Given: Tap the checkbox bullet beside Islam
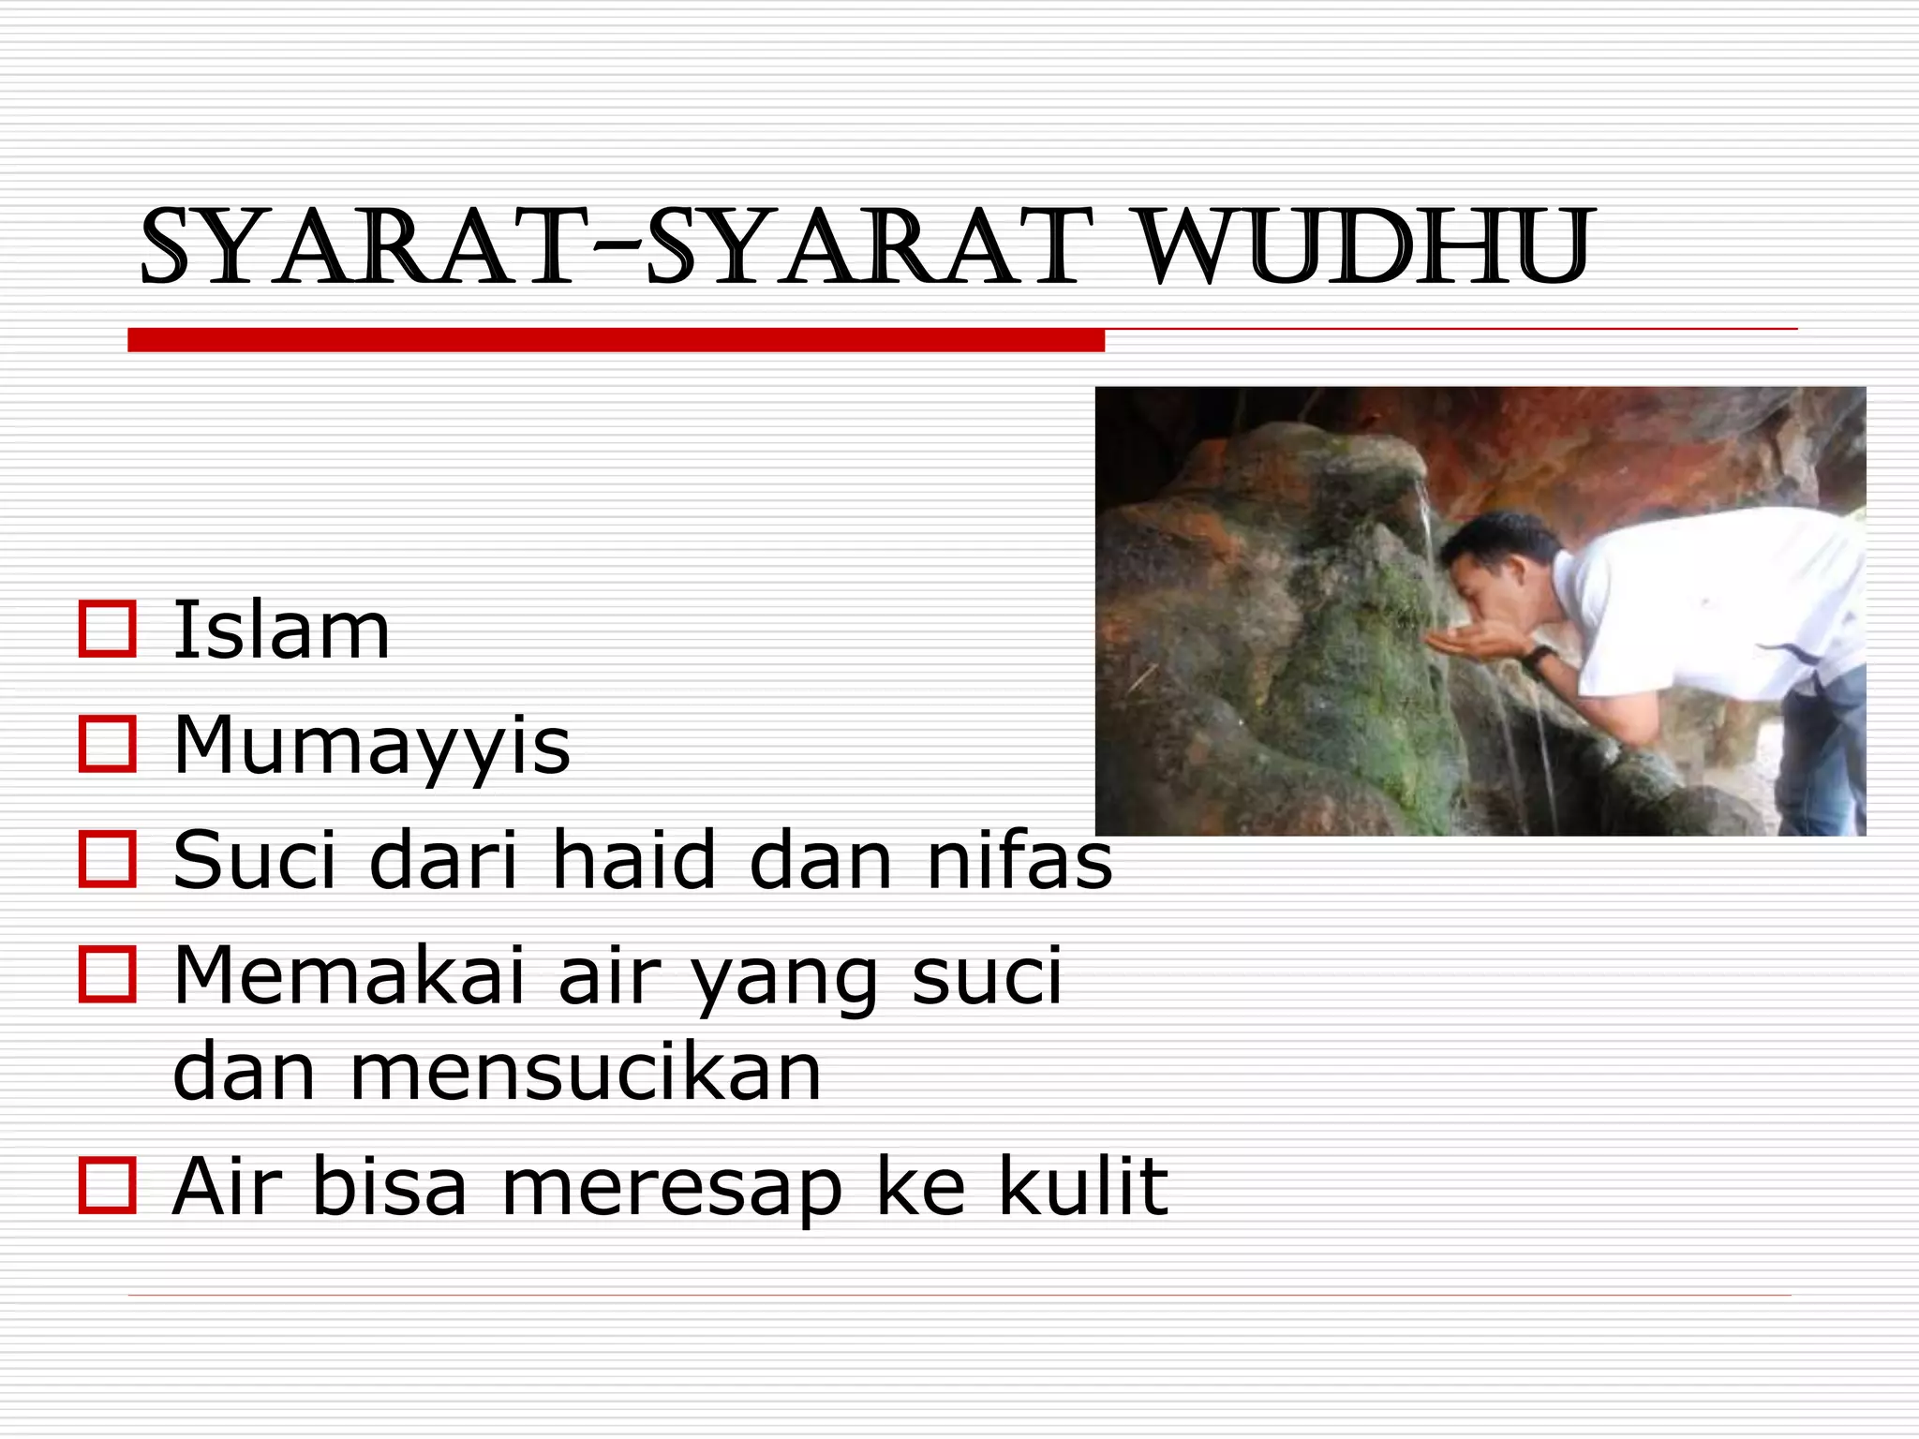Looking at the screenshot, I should (x=108, y=630).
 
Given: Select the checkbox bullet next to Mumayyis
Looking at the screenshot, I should (x=108, y=745).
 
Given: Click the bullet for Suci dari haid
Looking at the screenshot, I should (x=108, y=859).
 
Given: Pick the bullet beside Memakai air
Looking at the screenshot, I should (x=108, y=975).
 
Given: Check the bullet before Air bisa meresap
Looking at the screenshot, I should (x=108, y=1185).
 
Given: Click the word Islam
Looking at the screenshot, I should (x=281, y=630).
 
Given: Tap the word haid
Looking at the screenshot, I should (x=633, y=859).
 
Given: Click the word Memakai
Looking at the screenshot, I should (x=349, y=975).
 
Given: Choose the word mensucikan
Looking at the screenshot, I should (x=586, y=1073).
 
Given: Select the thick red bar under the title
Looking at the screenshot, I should (x=616, y=340).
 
